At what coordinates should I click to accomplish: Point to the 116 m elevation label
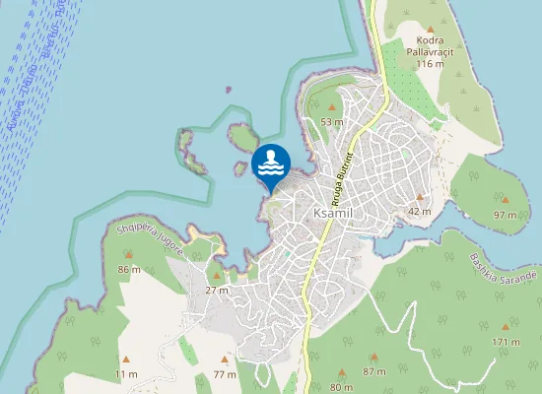coord(429,63)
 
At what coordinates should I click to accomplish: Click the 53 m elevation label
coord(331,122)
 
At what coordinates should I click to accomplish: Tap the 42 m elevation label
coord(420,212)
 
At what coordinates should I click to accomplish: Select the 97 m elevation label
coord(505,215)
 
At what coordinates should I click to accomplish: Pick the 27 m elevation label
coord(217,291)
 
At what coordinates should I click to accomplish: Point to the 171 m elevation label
coord(506,342)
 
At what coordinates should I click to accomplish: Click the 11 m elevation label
coord(126,374)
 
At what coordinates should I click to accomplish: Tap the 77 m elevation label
coord(225,374)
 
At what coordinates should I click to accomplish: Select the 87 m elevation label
coord(373,371)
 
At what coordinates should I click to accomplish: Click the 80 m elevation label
coord(341,387)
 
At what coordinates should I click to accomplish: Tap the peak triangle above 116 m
coord(431,28)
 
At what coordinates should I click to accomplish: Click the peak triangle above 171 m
coord(506,326)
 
